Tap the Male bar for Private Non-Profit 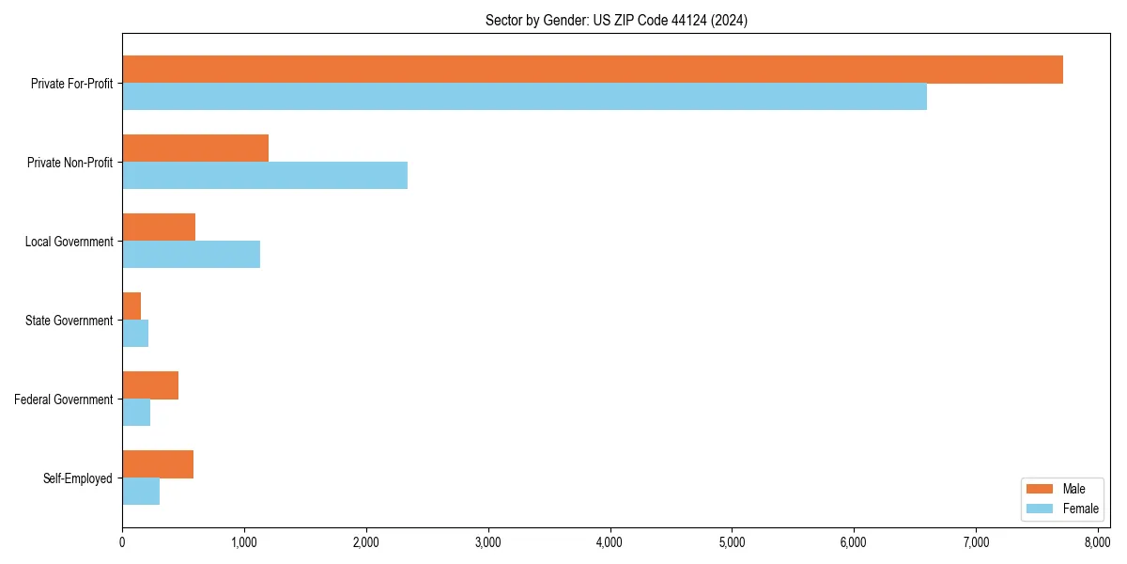point(195,149)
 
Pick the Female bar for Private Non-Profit point(265,176)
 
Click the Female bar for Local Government point(191,255)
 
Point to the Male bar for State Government point(131,306)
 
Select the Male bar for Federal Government point(150,385)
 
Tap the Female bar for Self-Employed point(141,492)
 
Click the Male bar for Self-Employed point(158,464)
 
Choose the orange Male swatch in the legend point(1040,489)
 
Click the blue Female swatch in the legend point(1040,509)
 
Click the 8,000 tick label point(1097,542)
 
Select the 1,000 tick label point(244,542)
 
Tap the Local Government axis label point(69,242)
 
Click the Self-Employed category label point(77,478)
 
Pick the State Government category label point(69,321)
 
